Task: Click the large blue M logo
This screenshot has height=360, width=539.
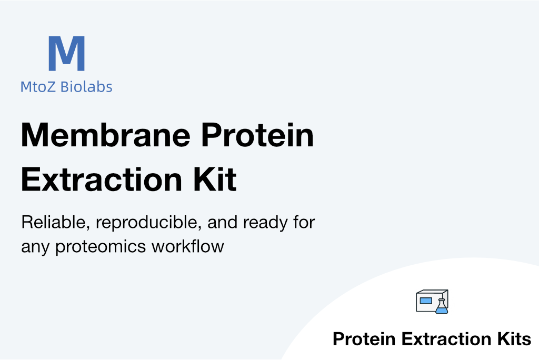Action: click(x=67, y=53)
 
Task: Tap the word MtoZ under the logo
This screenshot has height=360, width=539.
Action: click(x=38, y=87)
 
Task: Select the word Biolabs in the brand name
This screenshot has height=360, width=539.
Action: click(x=86, y=87)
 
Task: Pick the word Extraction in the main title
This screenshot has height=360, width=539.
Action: click(x=102, y=179)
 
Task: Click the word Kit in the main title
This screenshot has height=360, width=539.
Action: click(x=215, y=179)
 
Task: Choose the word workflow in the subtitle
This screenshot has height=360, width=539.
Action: click(x=188, y=246)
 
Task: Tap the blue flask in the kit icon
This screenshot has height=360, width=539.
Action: click(x=442, y=307)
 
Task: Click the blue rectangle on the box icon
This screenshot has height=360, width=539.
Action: click(x=426, y=301)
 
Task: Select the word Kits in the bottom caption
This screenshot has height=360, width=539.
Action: click(x=514, y=339)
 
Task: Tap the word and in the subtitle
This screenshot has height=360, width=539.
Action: click(x=223, y=222)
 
